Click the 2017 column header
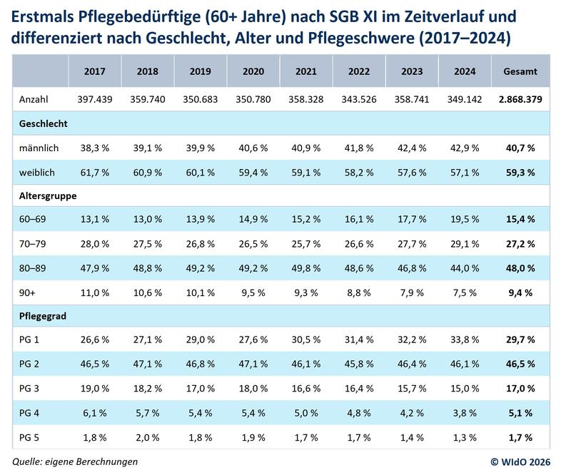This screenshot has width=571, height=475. click(x=94, y=72)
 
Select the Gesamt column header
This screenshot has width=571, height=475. click(x=520, y=72)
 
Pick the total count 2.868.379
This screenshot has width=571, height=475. click(x=520, y=99)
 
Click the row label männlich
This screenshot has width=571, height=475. click(x=39, y=148)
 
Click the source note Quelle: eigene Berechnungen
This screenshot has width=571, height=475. click(x=75, y=461)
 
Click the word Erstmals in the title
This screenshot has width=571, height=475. click(x=44, y=15)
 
